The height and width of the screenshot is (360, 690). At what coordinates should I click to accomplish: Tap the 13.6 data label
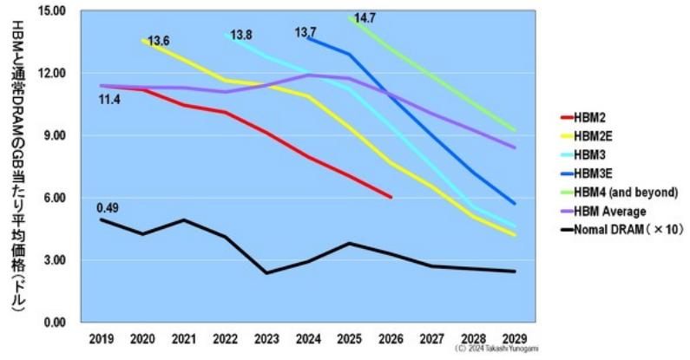click(158, 41)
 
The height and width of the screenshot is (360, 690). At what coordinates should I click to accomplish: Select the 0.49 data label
click(108, 207)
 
